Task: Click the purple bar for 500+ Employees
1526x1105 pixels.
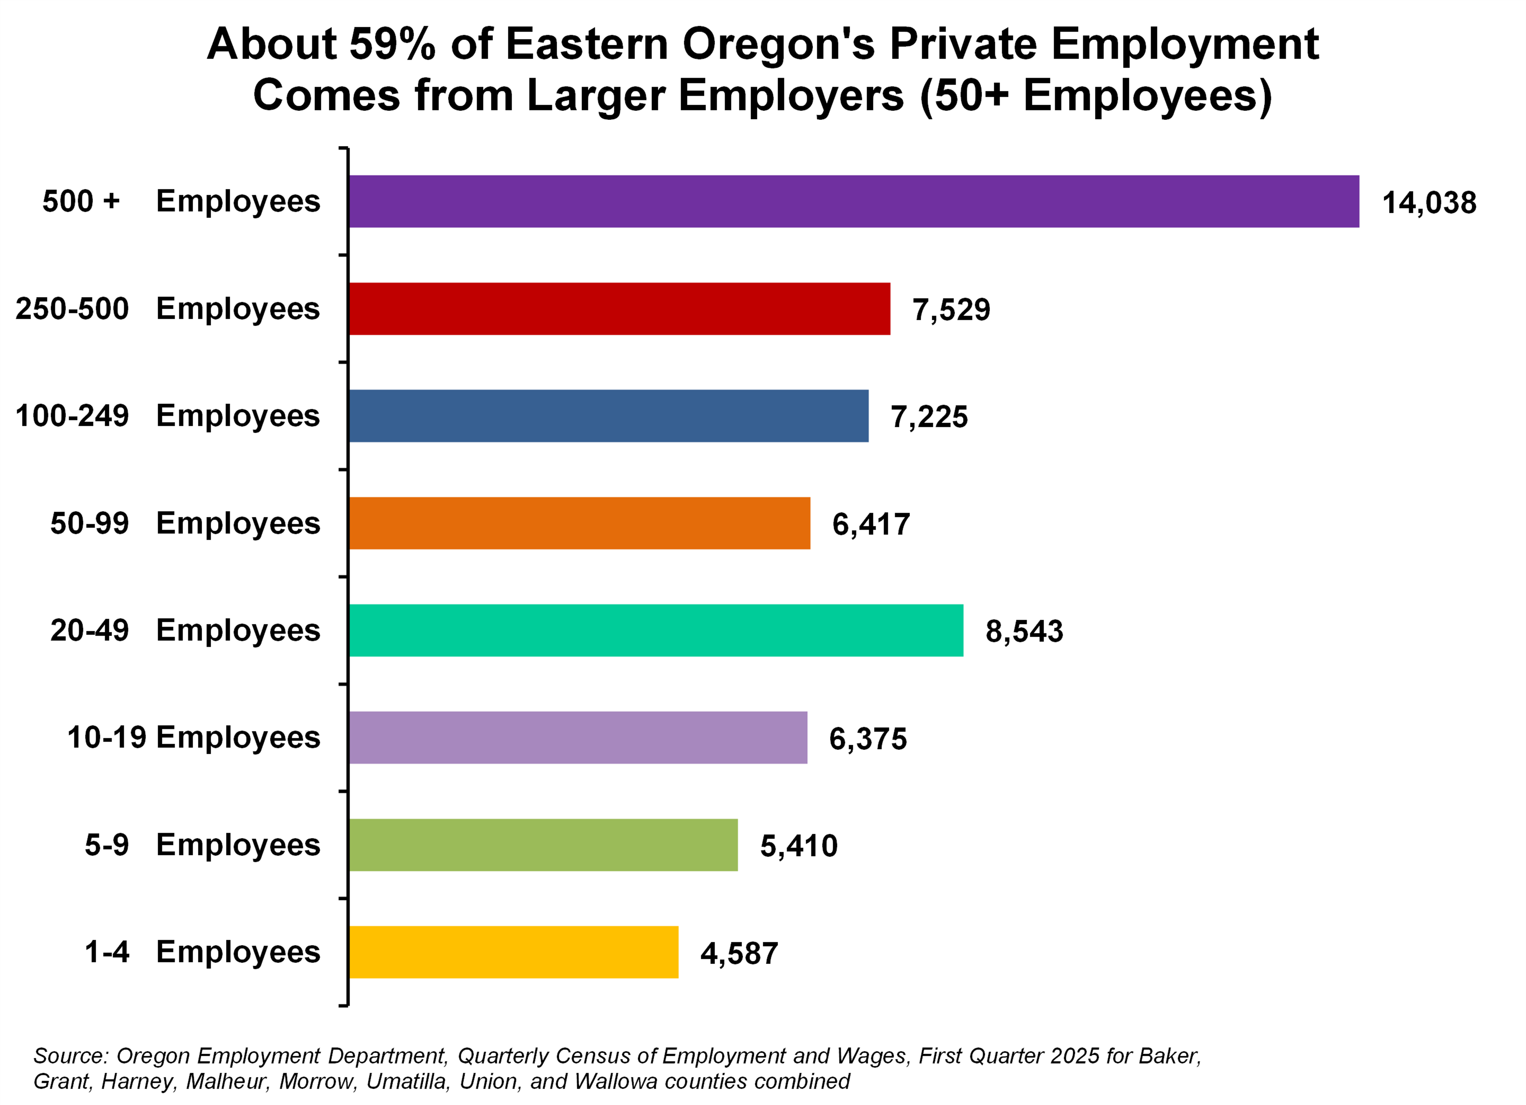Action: (x=853, y=201)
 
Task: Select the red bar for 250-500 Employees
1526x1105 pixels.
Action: (x=619, y=309)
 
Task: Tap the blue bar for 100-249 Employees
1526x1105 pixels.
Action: (x=608, y=416)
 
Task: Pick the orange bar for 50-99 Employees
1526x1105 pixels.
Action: (x=579, y=523)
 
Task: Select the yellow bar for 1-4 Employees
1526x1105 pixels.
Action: (x=513, y=952)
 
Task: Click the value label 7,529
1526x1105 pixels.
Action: (x=951, y=309)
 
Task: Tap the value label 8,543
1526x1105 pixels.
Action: (x=1024, y=631)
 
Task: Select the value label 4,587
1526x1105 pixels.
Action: (x=739, y=953)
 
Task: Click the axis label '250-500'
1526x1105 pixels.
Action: (x=72, y=309)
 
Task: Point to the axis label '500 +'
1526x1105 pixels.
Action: (x=81, y=201)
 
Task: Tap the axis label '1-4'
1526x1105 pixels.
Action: (x=106, y=952)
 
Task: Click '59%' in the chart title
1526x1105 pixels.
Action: (x=392, y=44)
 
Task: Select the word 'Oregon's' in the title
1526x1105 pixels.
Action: (x=779, y=44)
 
